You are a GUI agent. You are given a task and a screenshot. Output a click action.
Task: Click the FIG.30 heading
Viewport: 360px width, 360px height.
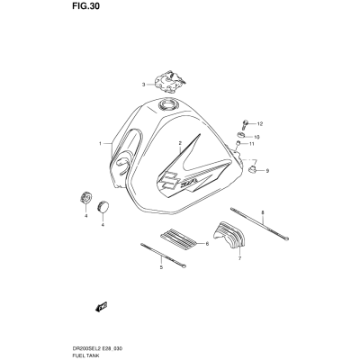85,6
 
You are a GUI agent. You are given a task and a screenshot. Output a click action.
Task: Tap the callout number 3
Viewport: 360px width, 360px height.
143,85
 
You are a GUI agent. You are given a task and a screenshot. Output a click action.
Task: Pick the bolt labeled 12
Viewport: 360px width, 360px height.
245,124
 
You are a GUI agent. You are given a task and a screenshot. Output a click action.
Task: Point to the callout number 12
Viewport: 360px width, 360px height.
260,123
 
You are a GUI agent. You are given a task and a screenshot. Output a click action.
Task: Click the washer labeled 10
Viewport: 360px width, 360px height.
242,135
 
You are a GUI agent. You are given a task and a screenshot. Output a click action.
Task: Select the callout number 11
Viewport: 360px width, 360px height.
251,144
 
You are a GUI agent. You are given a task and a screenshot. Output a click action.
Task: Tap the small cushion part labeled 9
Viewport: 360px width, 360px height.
253,170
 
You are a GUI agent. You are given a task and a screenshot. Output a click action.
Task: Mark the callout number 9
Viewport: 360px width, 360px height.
267,171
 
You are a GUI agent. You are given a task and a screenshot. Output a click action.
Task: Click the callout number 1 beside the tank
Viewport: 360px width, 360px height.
101,144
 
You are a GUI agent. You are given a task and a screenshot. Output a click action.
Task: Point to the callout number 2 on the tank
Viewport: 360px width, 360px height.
180,143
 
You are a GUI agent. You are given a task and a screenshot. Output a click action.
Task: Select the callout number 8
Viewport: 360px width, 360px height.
263,212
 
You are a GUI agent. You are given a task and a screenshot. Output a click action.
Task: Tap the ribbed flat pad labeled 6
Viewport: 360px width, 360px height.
178,239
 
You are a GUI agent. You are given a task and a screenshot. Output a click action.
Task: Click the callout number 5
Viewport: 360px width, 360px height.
161,267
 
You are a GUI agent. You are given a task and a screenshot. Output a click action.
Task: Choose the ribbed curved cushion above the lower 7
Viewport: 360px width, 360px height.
229,235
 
